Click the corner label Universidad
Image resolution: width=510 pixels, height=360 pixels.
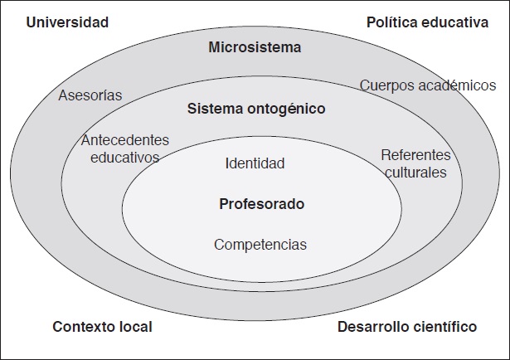[x=68, y=22]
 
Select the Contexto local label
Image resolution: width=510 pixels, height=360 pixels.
[x=102, y=327]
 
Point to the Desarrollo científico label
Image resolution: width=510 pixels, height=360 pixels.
[x=407, y=327]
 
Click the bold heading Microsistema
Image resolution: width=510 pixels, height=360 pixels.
[x=254, y=47]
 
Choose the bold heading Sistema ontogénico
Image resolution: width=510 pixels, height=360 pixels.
[x=256, y=109]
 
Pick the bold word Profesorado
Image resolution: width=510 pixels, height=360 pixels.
[x=262, y=203]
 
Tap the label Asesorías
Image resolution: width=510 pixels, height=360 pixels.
[x=90, y=95]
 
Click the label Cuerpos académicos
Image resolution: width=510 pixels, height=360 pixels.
[x=428, y=85]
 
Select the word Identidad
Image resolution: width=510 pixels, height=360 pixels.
[x=255, y=163]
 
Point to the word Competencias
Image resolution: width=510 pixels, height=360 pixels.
[x=260, y=245]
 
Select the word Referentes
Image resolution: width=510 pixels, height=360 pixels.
[x=415, y=155]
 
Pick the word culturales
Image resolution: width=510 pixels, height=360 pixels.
[x=415, y=173]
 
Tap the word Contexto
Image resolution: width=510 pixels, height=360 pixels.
[x=81, y=327]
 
